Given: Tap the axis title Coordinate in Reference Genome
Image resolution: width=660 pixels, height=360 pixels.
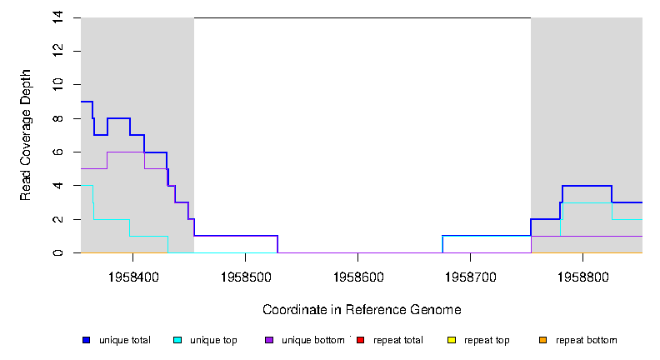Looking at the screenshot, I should click(x=362, y=310).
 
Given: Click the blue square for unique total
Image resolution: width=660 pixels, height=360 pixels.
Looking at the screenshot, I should click(x=86, y=340).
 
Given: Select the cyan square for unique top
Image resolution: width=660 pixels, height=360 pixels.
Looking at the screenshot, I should click(x=177, y=340).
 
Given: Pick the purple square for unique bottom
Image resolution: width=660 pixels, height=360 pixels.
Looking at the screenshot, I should click(x=269, y=340).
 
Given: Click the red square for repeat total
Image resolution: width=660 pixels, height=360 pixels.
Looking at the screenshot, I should click(x=361, y=340).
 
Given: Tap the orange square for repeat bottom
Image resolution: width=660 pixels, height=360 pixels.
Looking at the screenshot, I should click(x=543, y=340).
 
